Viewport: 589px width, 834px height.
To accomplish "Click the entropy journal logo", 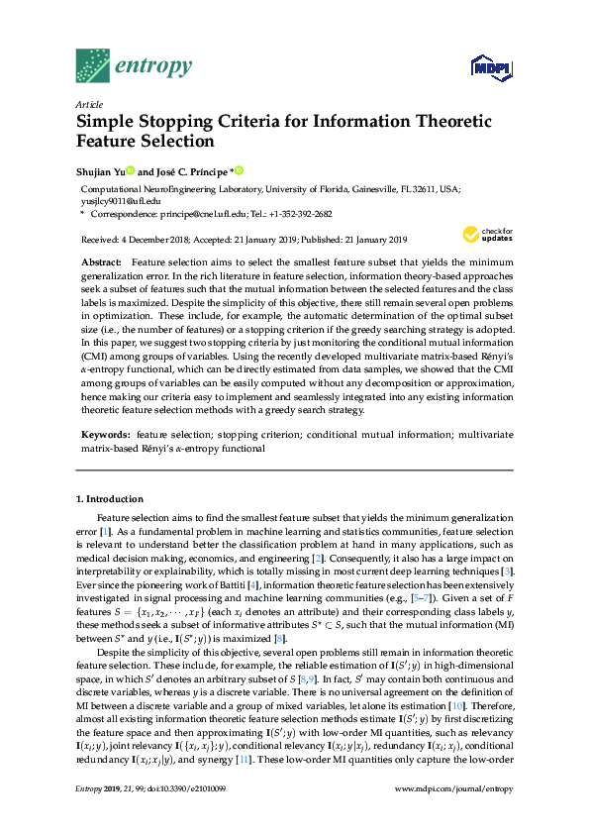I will (134, 66).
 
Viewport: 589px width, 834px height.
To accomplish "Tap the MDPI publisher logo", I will (484, 68).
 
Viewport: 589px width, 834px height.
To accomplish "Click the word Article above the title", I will (89, 103).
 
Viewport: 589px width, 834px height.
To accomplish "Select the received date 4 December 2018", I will (150, 240).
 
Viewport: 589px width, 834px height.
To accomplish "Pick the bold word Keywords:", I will (105, 435).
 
